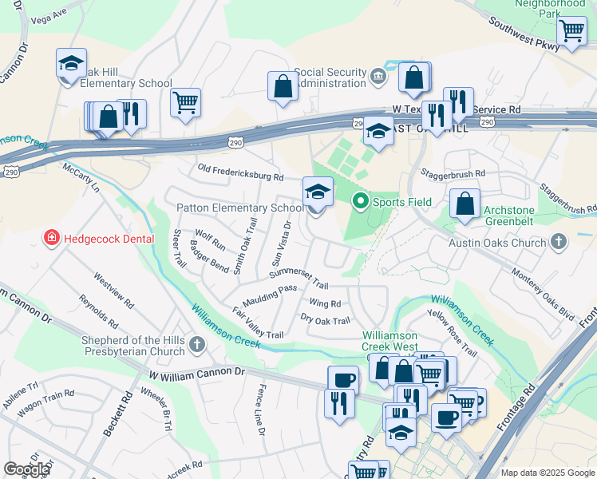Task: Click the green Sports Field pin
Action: click(x=360, y=202)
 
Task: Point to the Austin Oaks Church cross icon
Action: click(x=559, y=240)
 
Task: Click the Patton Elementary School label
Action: click(x=240, y=208)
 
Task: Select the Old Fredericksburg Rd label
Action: click(x=240, y=176)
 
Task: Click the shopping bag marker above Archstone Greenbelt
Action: click(x=465, y=204)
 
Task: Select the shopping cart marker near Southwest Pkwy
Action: click(x=571, y=32)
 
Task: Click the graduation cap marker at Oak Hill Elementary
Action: click(x=70, y=65)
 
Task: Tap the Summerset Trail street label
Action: click(x=298, y=279)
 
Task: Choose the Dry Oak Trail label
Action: click(x=325, y=321)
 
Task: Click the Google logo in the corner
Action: click(x=26, y=469)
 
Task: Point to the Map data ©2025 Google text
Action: click(x=548, y=473)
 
